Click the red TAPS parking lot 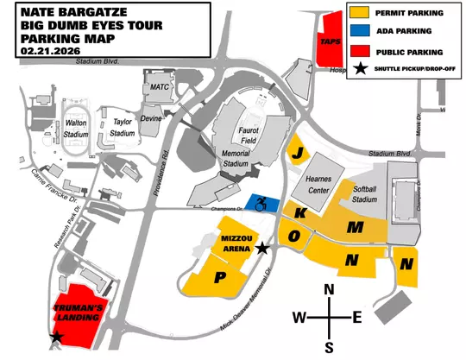329,40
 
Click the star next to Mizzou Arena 262,248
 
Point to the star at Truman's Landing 57,338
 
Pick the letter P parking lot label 219,277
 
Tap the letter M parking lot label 354,227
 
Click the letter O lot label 294,235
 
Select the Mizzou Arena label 235,242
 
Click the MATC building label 160,86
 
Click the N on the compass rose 329,290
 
